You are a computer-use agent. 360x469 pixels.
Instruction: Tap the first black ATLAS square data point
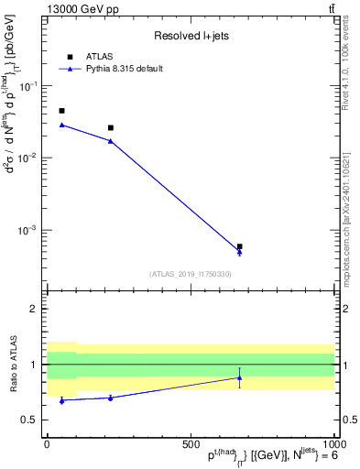click(61, 111)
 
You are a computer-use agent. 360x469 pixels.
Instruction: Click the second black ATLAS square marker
click(111, 128)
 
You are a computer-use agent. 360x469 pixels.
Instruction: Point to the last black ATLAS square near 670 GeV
click(239, 246)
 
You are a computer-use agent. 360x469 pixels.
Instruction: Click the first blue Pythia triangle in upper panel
click(61, 125)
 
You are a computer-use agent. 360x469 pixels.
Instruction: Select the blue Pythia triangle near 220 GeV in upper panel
click(111, 140)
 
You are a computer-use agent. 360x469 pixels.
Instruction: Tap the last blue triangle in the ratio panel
click(239, 377)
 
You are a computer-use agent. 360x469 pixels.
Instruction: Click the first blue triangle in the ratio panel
click(61, 400)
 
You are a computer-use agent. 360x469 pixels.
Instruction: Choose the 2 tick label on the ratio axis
click(34, 310)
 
